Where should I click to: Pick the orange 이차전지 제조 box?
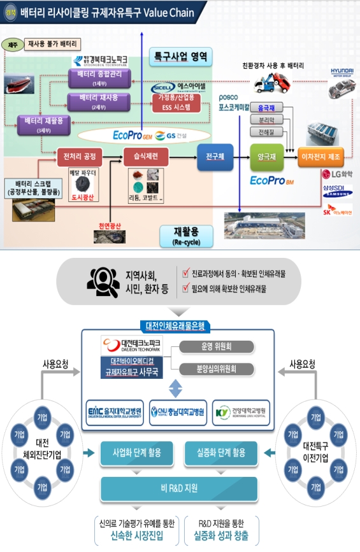pos(323,156)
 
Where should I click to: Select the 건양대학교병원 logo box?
pos(241,413)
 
